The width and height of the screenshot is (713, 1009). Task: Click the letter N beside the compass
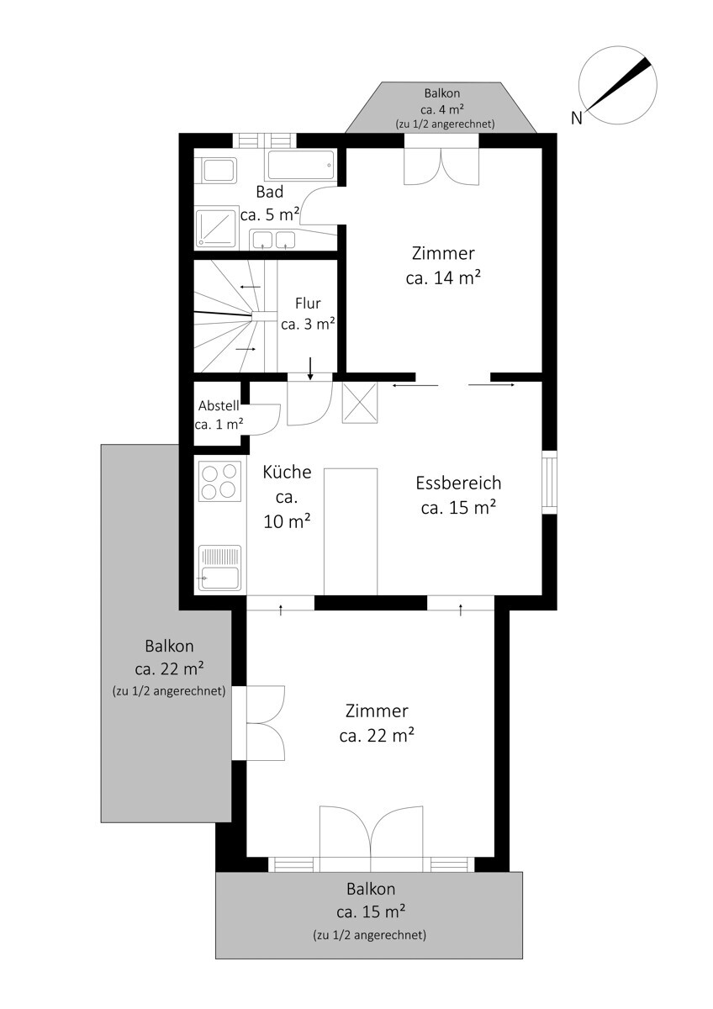pos(576,118)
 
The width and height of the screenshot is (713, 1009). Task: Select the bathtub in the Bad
pos(301,166)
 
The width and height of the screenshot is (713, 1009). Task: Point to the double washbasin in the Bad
pos(273,239)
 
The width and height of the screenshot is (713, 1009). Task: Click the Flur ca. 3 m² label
pos(308,314)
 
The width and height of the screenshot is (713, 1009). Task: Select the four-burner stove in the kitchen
pos(219,481)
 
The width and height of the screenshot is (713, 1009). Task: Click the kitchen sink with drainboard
pos(219,568)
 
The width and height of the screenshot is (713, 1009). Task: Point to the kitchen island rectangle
pos(351,531)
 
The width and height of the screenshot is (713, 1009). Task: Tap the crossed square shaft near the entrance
pos(360,403)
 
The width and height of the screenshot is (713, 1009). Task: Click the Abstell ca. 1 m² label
pos(219,415)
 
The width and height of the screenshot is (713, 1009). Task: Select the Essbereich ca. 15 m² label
pos(458,495)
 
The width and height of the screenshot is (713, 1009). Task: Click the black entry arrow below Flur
pos(310,368)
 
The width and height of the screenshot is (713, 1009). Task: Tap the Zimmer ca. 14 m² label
pos(443,266)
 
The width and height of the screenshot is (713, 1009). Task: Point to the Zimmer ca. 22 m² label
pos(377,723)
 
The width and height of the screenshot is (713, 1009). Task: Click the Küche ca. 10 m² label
pos(287,497)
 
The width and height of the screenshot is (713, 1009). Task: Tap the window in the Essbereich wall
pos(550,482)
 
